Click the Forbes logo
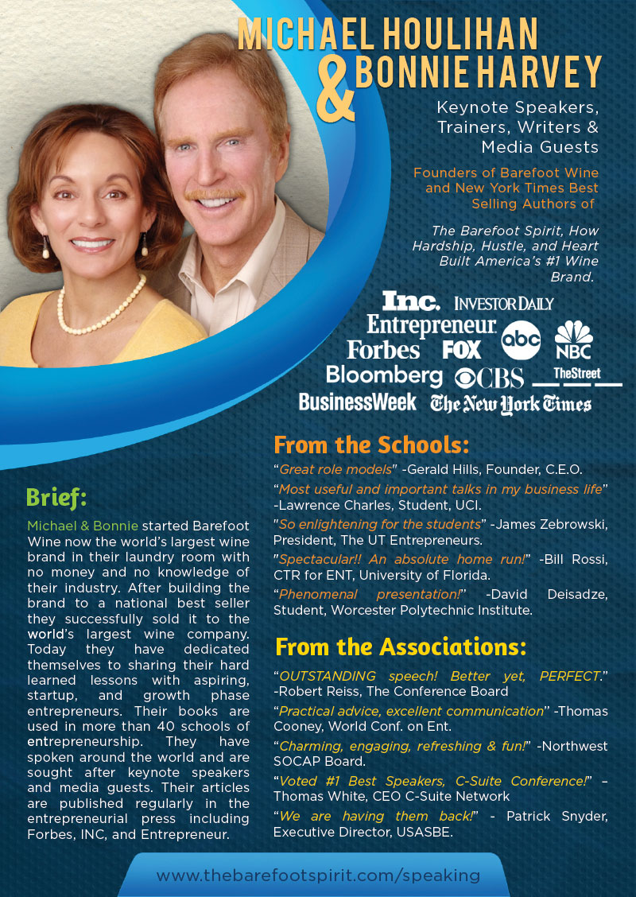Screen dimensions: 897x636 click(x=383, y=350)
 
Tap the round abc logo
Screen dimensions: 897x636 click(x=521, y=340)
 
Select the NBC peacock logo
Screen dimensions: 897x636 click(x=573, y=340)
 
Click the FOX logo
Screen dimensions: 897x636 click(x=462, y=350)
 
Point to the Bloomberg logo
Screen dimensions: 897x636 click(x=384, y=375)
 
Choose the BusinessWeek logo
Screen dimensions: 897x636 click(x=357, y=402)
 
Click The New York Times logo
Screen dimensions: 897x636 click(x=510, y=404)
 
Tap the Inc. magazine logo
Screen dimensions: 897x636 click(x=410, y=301)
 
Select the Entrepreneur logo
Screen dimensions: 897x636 click(x=432, y=325)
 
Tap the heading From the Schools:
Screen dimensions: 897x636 click(x=371, y=444)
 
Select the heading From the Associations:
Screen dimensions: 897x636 click(x=400, y=647)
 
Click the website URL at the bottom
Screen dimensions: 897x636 click(x=318, y=875)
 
